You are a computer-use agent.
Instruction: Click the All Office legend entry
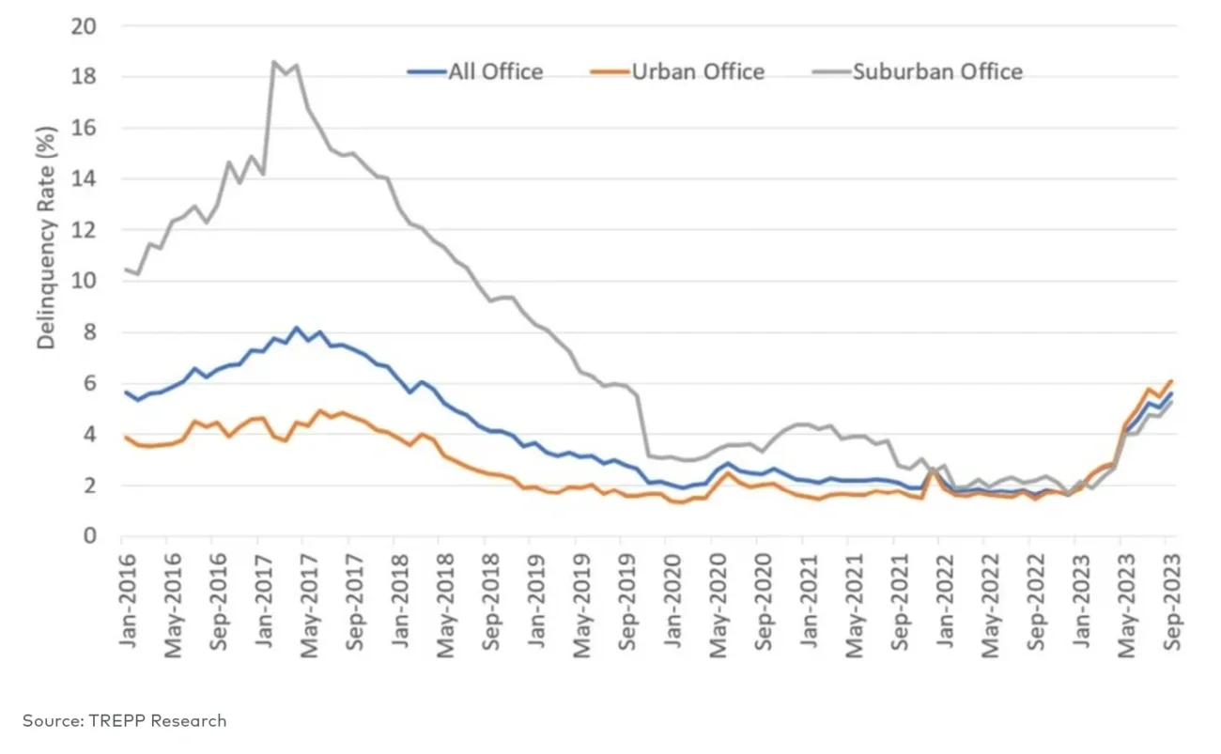click(x=475, y=72)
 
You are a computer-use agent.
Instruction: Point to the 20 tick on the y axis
click(x=85, y=26)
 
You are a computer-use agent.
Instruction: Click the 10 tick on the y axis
click(x=85, y=282)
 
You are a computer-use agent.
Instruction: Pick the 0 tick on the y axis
click(x=90, y=537)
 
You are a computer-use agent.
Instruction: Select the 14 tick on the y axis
click(x=85, y=179)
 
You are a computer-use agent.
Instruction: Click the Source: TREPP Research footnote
click(x=125, y=721)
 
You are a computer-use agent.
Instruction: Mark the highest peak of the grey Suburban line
click(x=273, y=62)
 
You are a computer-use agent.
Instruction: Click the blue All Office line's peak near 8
click(x=297, y=328)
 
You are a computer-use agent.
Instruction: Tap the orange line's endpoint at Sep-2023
click(x=1171, y=380)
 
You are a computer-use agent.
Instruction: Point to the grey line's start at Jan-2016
click(x=124, y=269)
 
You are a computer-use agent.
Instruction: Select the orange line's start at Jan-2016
click(x=124, y=437)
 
